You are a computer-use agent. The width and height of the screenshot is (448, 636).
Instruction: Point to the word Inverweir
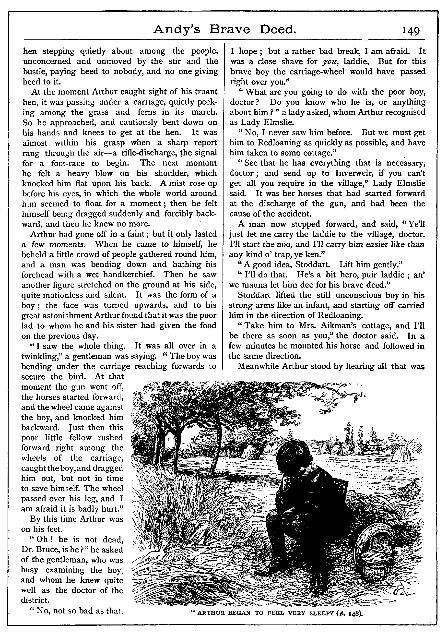[x=353, y=173]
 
